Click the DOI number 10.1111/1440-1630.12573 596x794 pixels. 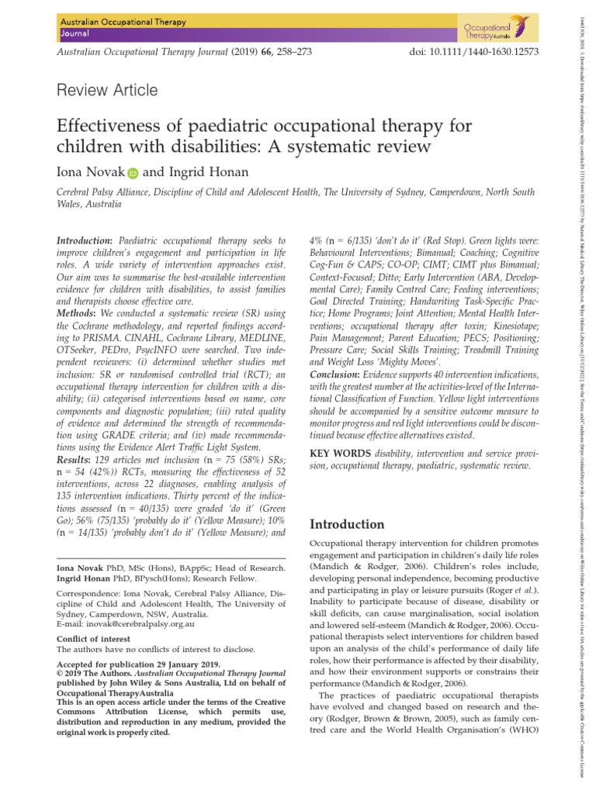(474, 50)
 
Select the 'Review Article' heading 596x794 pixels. (108, 91)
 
